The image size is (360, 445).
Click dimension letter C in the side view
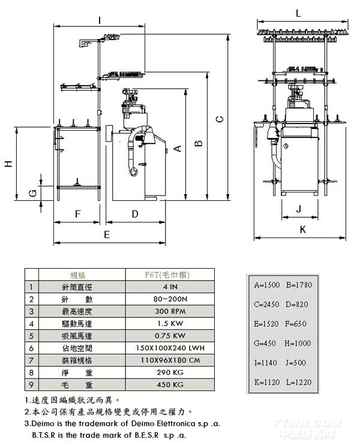(x=220, y=119)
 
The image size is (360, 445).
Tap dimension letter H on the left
(x=8, y=164)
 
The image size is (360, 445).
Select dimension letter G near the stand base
(x=33, y=192)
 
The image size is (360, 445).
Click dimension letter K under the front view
(x=302, y=229)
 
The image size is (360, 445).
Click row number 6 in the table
(x=31, y=348)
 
